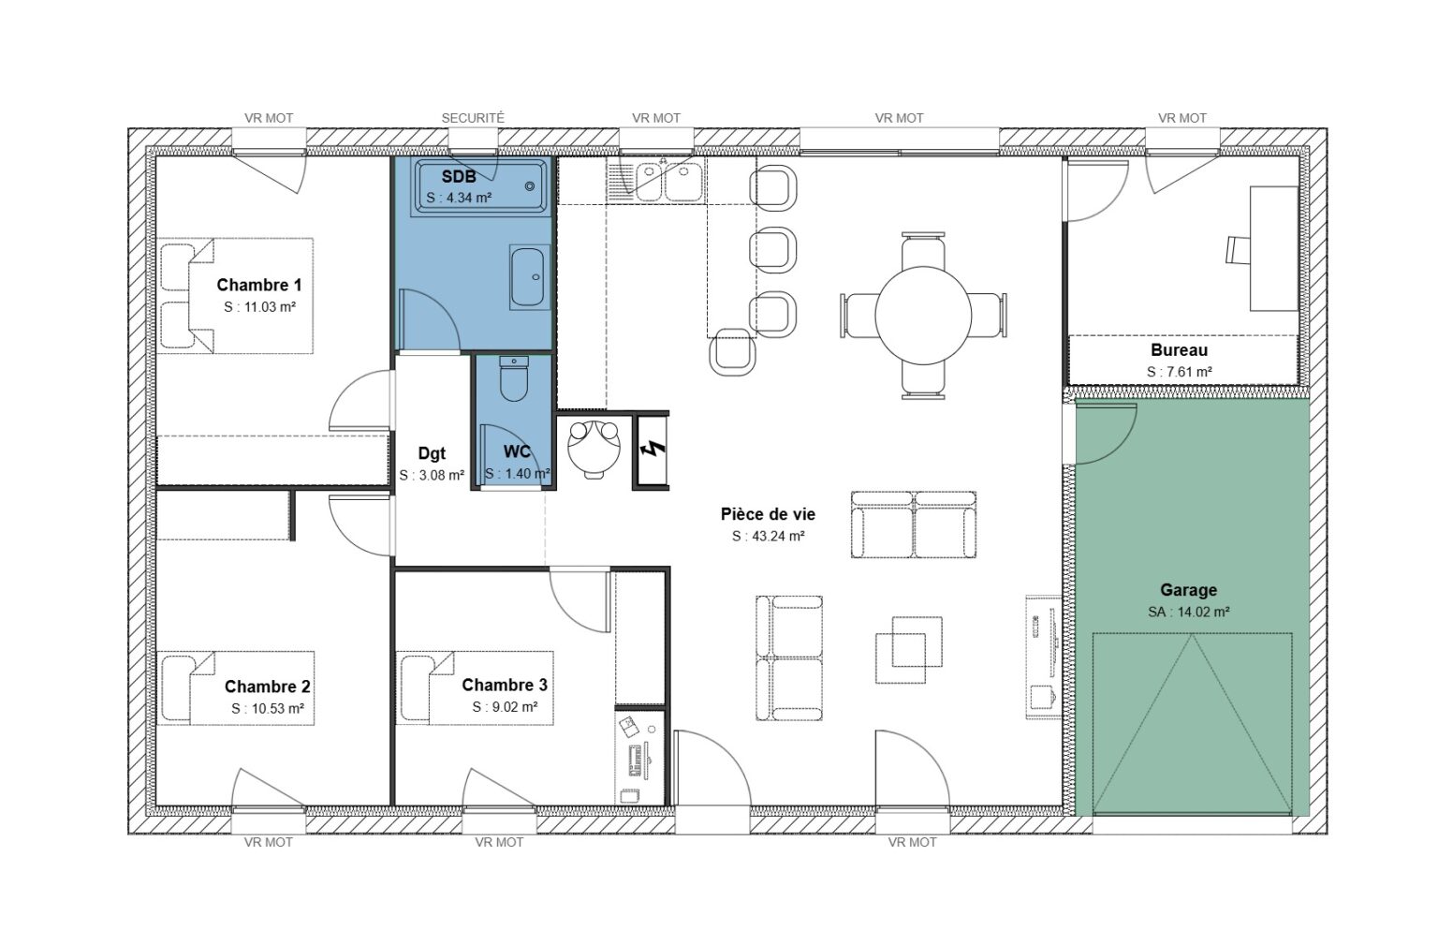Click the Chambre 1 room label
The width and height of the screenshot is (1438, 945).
pos(258,285)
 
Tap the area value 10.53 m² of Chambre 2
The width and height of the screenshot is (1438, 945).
pos(267,709)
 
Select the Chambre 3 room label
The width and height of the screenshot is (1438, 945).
pos(504,686)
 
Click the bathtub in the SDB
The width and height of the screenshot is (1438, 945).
pos(481,186)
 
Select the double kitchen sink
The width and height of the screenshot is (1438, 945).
pos(668,182)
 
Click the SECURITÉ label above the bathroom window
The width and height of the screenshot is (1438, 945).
pos(472,118)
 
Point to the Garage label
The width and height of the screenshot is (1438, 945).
pos(1188,590)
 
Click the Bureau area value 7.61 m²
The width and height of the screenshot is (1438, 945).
pos(1179,372)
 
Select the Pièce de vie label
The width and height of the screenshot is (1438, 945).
pos(768,514)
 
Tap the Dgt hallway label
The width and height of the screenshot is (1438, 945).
pos(432,453)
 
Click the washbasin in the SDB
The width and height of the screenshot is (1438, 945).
pos(531,276)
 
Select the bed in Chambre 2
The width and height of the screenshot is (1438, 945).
pos(234,688)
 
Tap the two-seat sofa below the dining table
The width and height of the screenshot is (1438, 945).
pos(914,524)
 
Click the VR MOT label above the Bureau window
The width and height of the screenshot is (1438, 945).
pos(1181,118)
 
